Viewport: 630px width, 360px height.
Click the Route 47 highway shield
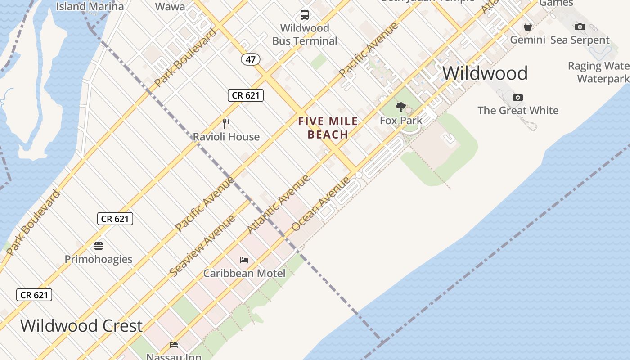[x=251, y=59]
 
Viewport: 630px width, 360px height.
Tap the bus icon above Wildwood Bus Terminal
[x=305, y=15]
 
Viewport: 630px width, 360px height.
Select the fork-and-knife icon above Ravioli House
[x=226, y=123]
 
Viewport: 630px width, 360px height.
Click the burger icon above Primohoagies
[x=99, y=246]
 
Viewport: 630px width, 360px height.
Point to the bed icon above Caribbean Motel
[x=244, y=260]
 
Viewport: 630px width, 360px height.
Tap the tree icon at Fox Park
[x=400, y=107]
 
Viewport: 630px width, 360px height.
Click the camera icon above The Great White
[x=518, y=97]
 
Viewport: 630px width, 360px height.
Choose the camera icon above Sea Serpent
[x=580, y=27]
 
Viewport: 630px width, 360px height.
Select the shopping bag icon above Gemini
[x=528, y=27]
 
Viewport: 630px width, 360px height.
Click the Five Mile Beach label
[x=328, y=128]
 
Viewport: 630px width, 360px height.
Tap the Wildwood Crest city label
[x=81, y=325]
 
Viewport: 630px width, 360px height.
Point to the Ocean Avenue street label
[x=320, y=204]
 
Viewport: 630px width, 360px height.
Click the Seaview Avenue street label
[x=202, y=246]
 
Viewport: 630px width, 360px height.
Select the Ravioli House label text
[x=226, y=137]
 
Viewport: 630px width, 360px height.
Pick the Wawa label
[x=170, y=6]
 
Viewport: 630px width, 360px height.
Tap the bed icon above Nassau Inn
[x=174, y=345]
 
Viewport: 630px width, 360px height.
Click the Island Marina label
[x=90, y=6]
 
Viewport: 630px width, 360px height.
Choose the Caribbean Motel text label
[x=244, y=273]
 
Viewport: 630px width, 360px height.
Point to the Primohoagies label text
[x=99, y=259]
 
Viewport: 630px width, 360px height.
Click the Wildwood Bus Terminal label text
[x=305, y=34]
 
